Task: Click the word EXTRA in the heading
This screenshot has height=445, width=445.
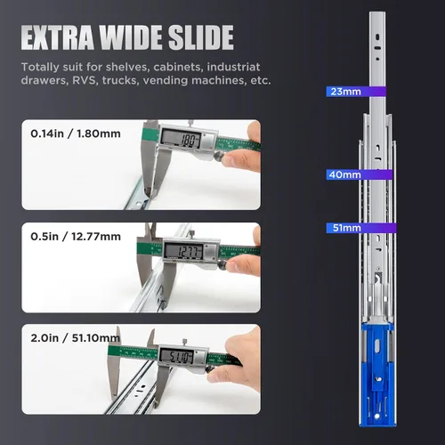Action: [x=57, y=37]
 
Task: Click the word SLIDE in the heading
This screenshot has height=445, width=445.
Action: [x=201, y=37]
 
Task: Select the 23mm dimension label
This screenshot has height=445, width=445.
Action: [x=346, y=92]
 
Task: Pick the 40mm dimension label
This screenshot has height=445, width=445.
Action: [x=345, y=174]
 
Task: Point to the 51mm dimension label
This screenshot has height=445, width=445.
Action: [x=347, y=228]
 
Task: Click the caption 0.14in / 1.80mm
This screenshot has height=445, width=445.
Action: [x=76, y=133]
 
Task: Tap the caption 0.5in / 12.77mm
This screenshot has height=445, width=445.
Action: [x=76, y=237]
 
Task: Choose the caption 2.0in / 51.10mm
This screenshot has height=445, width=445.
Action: [x=76, y=338]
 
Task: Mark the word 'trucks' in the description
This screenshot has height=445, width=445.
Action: [x=120, y=81]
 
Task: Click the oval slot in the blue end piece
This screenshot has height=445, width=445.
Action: [x=377, y=346]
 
